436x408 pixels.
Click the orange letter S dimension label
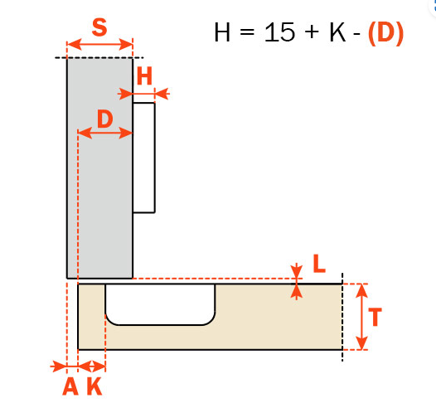click(x=99, y=27)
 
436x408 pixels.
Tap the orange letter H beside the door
click(x=144, y=75)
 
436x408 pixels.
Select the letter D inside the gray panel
click(x=105, y=119)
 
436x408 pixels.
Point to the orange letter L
click(x=319, y=264)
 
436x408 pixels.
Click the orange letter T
click(x=375, y=317)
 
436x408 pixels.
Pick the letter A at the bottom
click(x=70, y=386)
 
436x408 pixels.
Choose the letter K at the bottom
click(x=94, y=386)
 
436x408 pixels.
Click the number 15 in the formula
click(x=279, y=32)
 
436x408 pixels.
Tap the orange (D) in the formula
click(x=385, y=33)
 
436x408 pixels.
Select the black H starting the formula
click(x=222, y=32)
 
